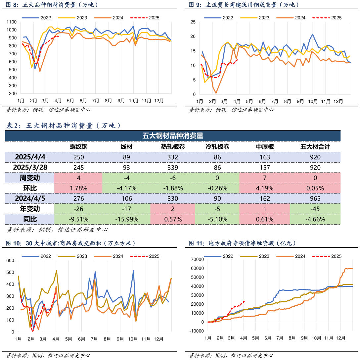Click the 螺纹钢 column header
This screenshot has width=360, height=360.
[78, 147]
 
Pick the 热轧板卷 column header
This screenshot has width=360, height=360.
[173, 147]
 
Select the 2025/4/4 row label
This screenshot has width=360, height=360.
[30, 157]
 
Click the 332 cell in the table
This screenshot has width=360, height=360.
[173, 157]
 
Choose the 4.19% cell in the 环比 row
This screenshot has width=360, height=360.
[264, 188]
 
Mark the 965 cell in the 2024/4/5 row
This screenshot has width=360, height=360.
[315, 198]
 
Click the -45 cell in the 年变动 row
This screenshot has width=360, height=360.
[315, 209]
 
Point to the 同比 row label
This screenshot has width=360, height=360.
[30, 219]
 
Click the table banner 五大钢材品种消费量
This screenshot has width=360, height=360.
[173, 136]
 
